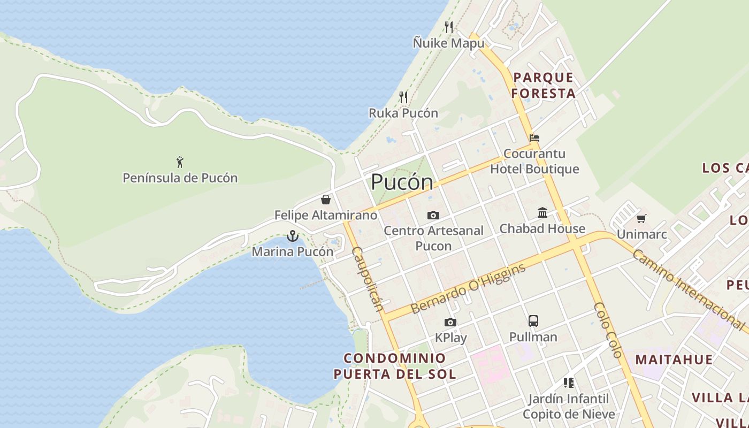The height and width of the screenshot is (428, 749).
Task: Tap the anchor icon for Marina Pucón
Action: click(x=292, y=235)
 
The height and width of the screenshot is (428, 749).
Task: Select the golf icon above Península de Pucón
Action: click(x=180, y=162)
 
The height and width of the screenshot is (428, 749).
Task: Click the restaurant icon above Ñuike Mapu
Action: click(x=449, y=27)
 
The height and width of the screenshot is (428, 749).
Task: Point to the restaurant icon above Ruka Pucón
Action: click(x=403, y=97)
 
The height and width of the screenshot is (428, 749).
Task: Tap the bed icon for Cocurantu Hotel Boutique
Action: click(x=534, y=137)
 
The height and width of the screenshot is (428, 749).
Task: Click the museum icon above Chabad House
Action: click(x=542, y=212)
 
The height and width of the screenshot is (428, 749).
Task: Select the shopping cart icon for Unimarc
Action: click(x=641, y=218)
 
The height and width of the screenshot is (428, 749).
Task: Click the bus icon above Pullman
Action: click(x=533, y=321)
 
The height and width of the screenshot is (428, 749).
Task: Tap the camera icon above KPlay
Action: click(x=450, y=322)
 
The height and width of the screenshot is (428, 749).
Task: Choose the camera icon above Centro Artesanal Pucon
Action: click(x=433, y=215)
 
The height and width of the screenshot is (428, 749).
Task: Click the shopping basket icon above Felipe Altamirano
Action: click(x=325, y=200)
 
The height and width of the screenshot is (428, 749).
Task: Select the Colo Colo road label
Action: click(x=608, y=330)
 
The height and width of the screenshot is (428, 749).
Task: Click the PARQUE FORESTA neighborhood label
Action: click(x=543, y=86)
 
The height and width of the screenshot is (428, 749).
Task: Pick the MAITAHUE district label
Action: click(x=674, y=360)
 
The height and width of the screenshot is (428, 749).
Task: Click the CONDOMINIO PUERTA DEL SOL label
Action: click(x=395, y=366)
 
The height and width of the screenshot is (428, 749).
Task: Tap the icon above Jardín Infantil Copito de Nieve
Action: click(x=568, y=383)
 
